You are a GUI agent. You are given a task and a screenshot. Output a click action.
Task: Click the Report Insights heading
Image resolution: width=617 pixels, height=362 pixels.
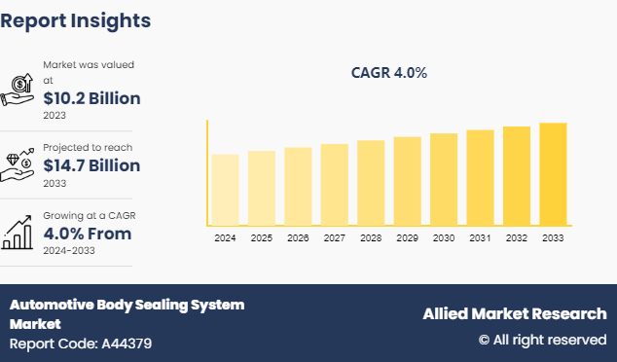[76, 19]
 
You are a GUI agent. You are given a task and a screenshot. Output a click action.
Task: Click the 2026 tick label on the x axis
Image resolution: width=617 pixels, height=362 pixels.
[298, 237]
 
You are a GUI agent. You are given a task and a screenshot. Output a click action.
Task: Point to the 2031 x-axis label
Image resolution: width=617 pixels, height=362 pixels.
[480, 237]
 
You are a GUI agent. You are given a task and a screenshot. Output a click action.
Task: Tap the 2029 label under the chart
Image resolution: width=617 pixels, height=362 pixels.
[407, 237]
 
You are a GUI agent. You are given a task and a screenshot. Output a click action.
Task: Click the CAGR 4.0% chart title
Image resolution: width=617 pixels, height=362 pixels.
[388, 73]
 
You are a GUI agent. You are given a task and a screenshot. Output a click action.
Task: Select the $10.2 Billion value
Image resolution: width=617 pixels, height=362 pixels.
[91, 98]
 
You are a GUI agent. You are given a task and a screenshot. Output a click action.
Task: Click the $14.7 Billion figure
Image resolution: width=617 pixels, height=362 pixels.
[91, 165]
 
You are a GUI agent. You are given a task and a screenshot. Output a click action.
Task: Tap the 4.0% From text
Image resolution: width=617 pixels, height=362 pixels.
[87, 234]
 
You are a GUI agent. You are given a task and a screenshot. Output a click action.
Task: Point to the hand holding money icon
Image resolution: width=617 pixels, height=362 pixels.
[19, 90]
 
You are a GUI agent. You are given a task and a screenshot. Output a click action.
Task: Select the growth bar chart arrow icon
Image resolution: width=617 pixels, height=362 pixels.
[19, 231]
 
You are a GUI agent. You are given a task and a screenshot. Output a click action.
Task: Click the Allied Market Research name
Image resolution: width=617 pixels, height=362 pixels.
[514, 313]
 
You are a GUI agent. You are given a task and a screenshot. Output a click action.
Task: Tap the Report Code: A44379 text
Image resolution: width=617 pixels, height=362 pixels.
[81, 344]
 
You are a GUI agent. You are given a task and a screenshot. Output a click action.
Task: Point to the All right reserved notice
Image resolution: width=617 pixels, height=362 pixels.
[542, 340]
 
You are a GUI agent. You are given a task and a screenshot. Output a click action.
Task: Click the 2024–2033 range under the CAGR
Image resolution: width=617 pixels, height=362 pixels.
[68, 250]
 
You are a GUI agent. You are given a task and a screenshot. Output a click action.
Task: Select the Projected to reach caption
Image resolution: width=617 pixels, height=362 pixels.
[88, 147]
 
